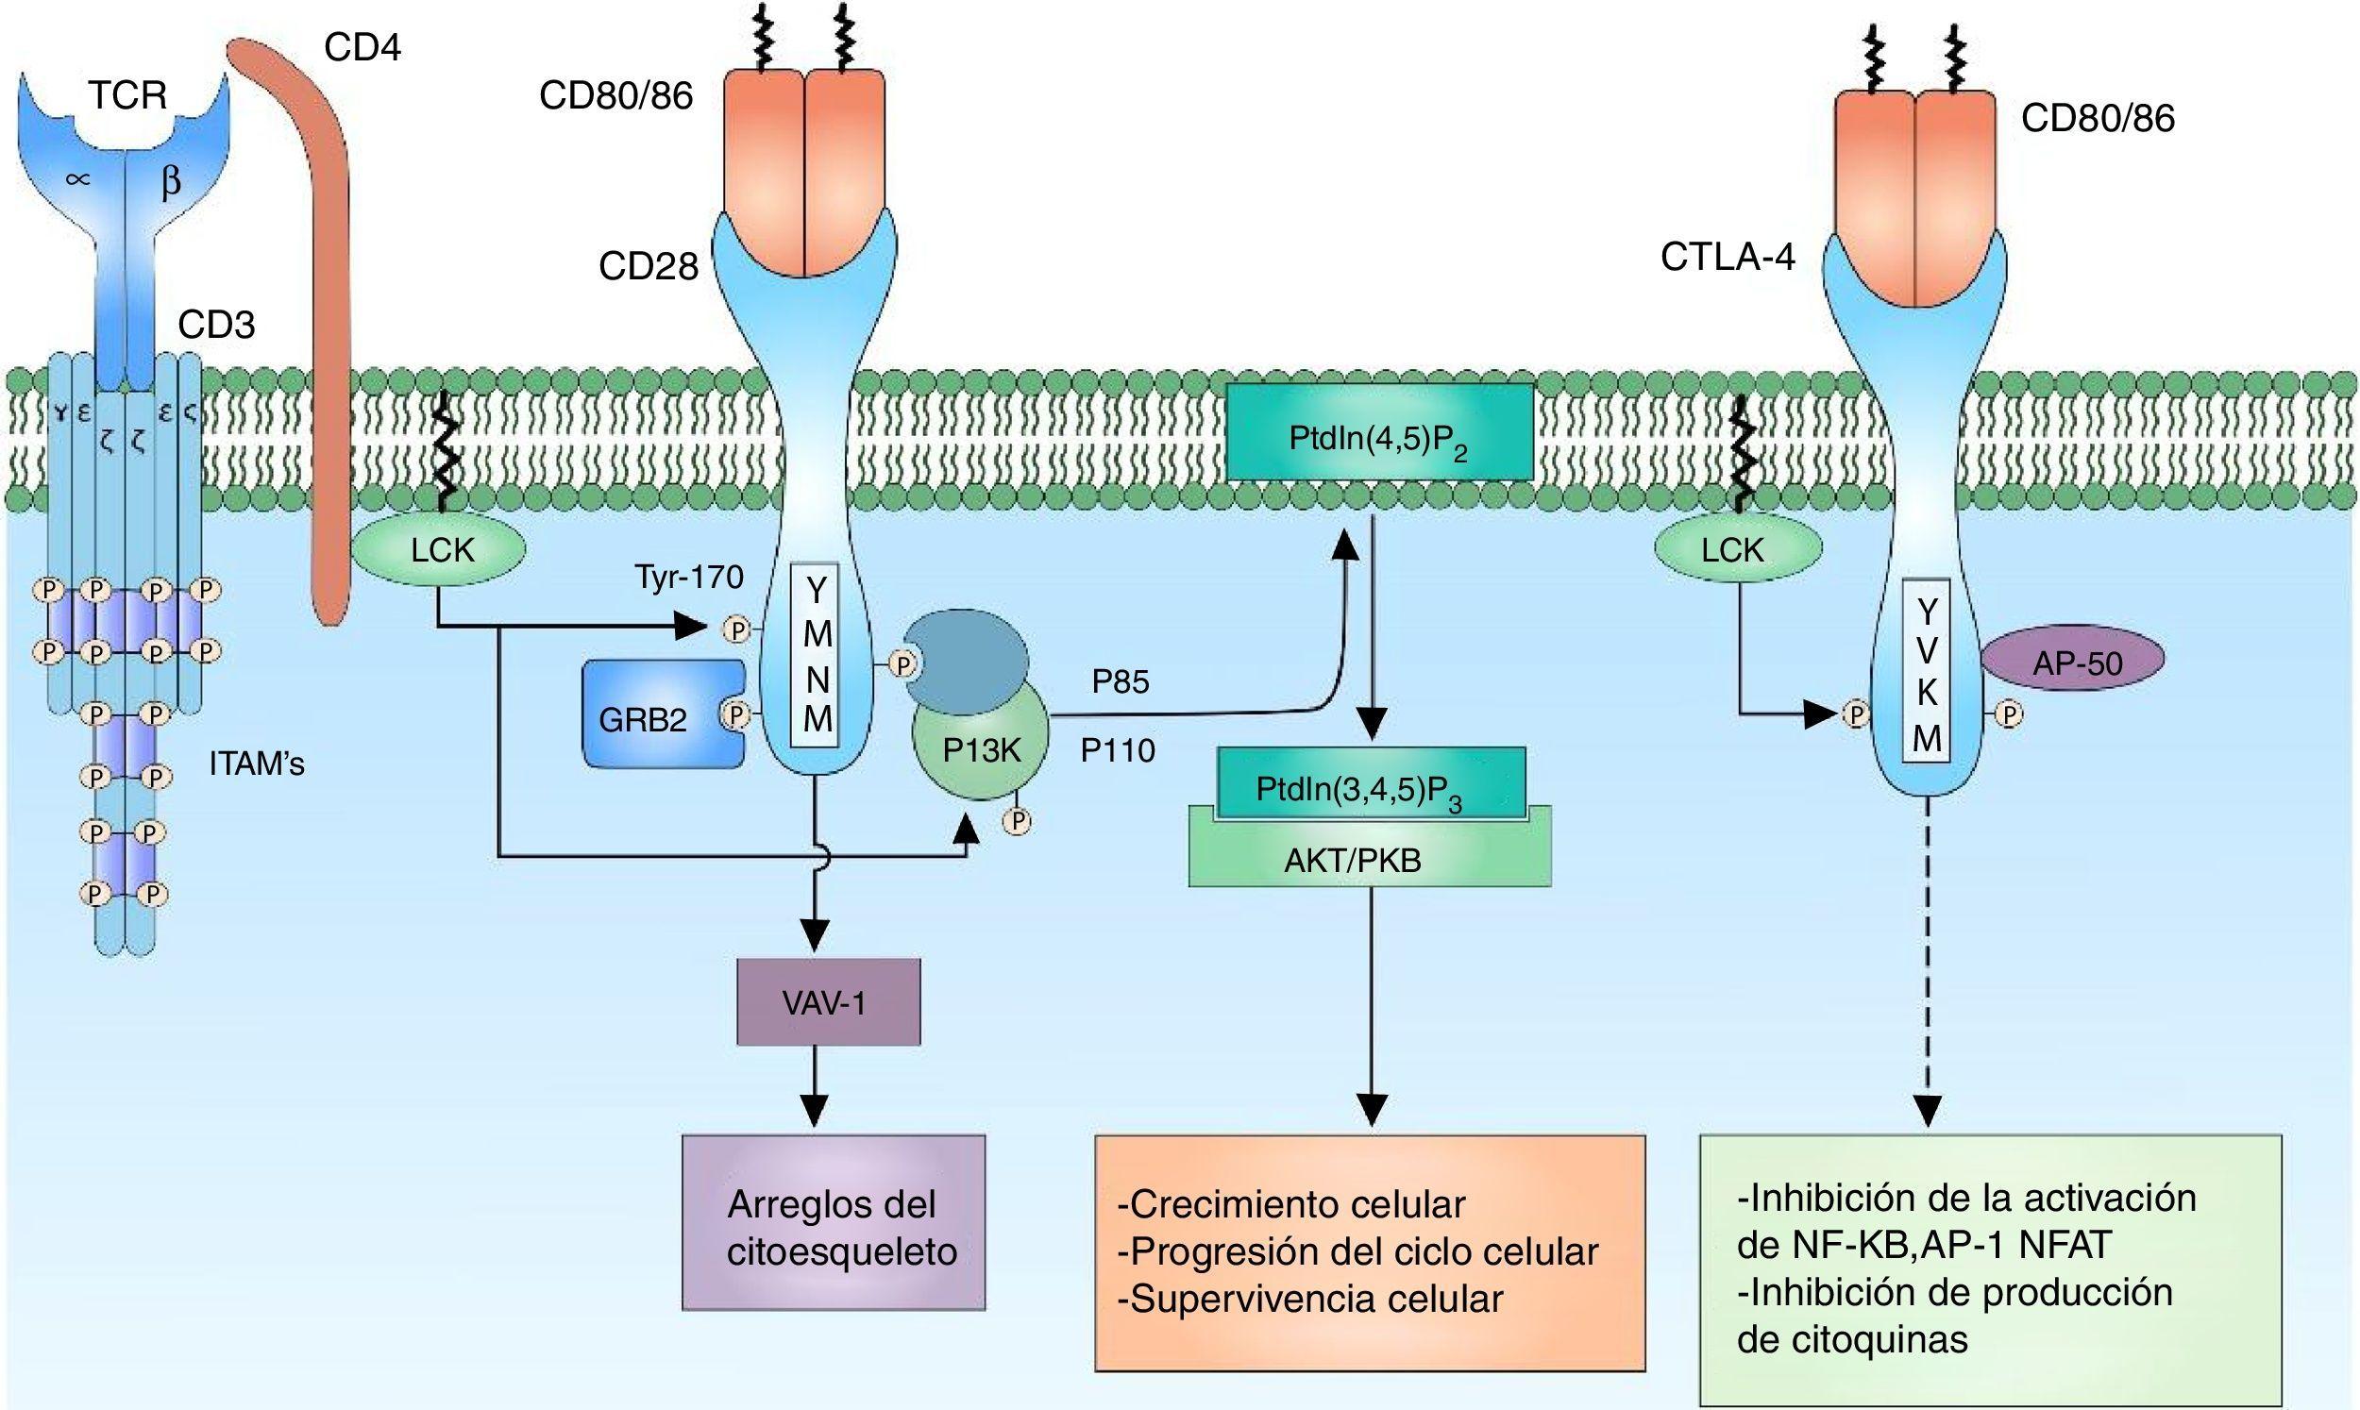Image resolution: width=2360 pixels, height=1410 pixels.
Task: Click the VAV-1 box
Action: [829, 1002]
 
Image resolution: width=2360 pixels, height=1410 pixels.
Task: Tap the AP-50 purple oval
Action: [2077, 663]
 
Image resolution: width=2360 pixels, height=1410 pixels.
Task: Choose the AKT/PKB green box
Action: [1368, 860]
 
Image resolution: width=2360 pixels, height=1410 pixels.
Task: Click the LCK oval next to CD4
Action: [441, 550]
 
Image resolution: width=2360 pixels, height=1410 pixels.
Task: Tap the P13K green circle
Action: [981, 750]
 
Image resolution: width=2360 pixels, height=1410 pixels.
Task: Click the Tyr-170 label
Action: [689, 577]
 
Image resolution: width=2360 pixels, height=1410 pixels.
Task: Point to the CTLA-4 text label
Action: [1728, 258]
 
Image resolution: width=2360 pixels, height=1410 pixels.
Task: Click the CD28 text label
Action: [648, 267]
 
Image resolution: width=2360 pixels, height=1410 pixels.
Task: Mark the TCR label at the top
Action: [127, 96]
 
